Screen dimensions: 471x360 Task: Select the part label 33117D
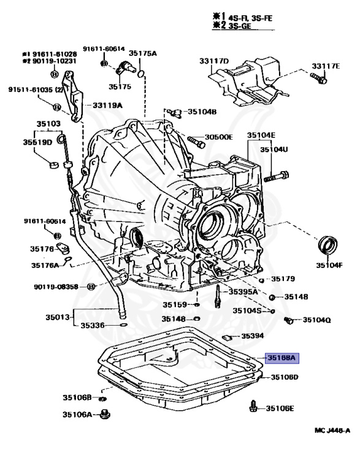(213, 61)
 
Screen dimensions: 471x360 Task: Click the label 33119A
(107, 105)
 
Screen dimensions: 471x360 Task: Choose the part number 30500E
(218, 137)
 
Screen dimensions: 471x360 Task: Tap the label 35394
(252, 336)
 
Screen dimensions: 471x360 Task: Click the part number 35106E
(280, 408)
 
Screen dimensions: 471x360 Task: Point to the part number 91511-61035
(31, 89)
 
